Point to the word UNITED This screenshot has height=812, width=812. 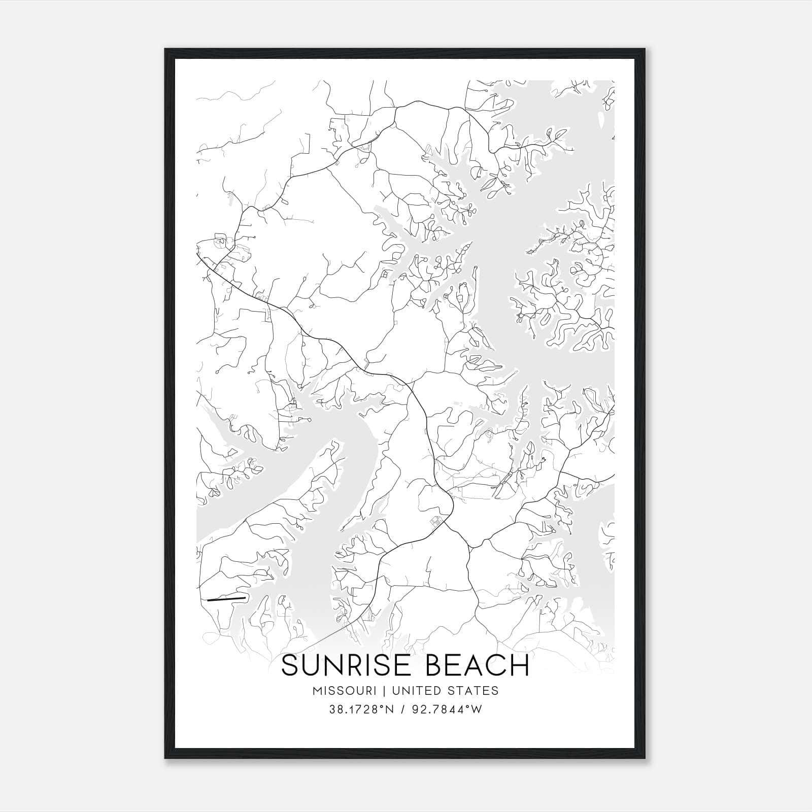coord(415,690)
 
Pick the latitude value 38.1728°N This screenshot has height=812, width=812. coord(361,709)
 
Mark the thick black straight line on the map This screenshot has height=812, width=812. coord(226,599)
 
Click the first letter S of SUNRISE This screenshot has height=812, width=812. coord(290,665)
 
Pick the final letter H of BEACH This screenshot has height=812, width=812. coord(520,665)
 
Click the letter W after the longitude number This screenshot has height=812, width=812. coord(477,709)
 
